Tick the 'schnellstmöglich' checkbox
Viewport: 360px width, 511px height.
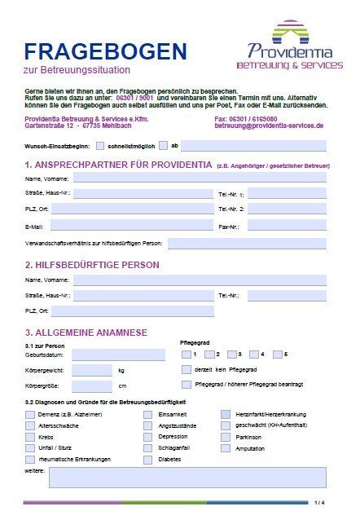tap(100, 146)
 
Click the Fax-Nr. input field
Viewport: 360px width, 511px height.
tap(286, 225)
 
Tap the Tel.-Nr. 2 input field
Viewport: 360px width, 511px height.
tap(286, 209)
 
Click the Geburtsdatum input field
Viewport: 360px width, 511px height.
tap(118, 355)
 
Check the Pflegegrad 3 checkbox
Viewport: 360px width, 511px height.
tap(232, 355)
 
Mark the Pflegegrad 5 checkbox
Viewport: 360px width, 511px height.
tap(278, 355)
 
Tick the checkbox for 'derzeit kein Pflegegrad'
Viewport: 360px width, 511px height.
tap(187, 369)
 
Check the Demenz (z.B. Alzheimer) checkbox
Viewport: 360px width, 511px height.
tap(30, 414)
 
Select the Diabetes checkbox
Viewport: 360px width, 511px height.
tap(147, 459)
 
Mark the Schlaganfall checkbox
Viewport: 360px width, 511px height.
tap(147, 448)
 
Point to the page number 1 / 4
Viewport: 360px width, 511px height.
tap(319, 502)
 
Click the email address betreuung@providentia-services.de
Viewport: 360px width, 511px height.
tap(269, 126)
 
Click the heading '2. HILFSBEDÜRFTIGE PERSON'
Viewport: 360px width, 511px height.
tap(92, 265)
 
